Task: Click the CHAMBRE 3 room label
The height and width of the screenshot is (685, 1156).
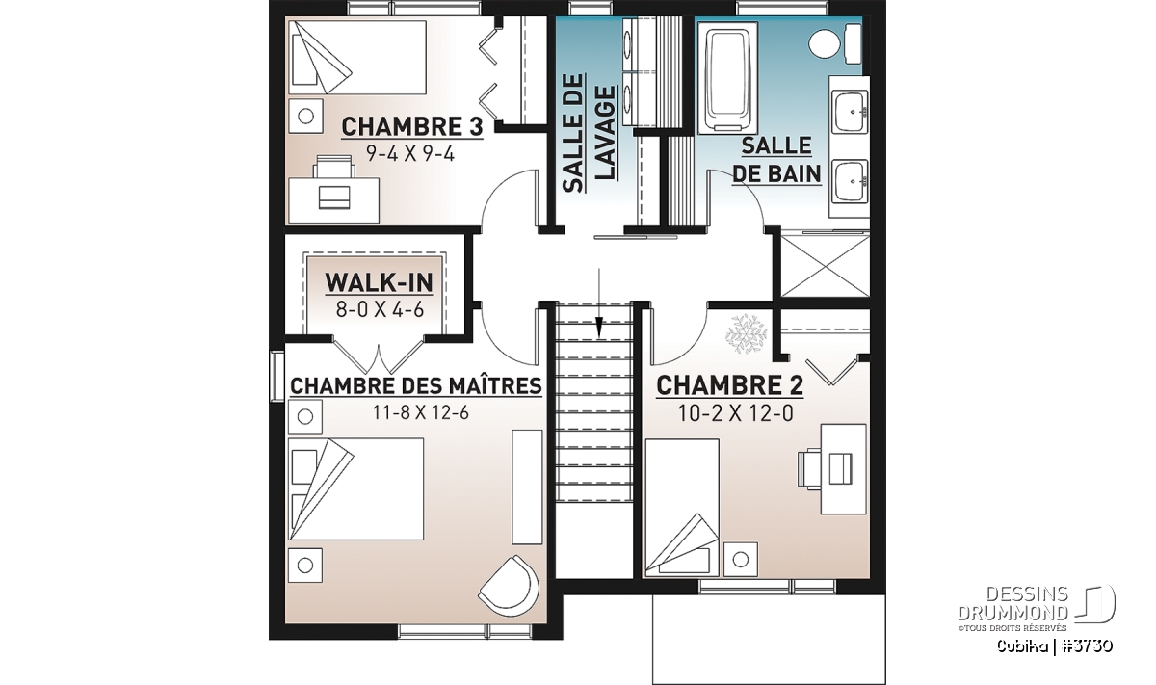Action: [x=412, y=127]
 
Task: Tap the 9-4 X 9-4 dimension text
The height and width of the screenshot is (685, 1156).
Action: [x=410, y=154]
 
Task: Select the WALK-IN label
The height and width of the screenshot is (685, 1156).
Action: [x=379, y=282]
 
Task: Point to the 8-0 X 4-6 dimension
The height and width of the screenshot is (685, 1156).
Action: [x=380, y=309]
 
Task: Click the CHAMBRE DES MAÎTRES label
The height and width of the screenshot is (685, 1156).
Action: [x=416, y=385]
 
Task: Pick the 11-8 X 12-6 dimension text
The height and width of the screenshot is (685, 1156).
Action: [x=421, y=413]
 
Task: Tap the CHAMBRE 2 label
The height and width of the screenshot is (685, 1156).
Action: [x=730, y=385]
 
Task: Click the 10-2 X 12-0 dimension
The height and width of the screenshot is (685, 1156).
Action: [x=735, y=413]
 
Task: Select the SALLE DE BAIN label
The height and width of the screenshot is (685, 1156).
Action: [x=776, y=160]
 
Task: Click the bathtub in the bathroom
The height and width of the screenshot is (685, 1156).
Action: [x=727, y=77]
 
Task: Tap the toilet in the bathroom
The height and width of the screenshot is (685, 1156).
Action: [x=834, y=42]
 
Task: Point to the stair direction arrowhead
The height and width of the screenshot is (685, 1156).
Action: [x=598, y=328]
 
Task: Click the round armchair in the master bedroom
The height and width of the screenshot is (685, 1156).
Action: [x=510, y=586]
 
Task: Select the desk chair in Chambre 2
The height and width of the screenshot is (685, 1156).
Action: [x=808, y=467]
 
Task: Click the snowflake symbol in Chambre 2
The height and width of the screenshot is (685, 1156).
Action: [x=746, y=333]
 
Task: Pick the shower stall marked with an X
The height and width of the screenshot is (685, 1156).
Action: [x=826, y=266]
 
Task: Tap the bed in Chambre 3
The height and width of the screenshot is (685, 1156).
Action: [x=357, y=57]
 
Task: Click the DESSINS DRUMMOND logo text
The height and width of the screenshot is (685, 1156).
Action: [x=1013, y=603]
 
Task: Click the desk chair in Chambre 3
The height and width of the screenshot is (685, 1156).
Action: [x=335, y=168]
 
